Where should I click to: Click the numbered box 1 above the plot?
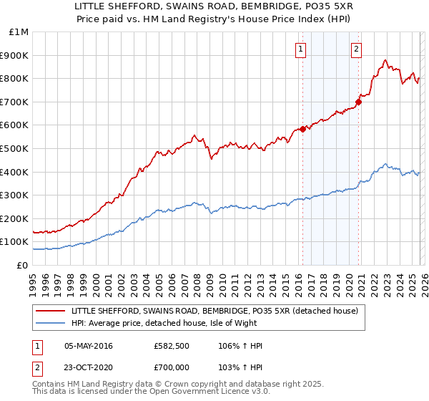pyautogui.click(x=300, y=49)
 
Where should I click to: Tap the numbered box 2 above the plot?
pyautogui.click(x=356, y=49)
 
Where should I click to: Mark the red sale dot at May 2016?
pyautogui.click(x=302, y=129)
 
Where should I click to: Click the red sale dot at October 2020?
pyautogui.click(x=359, y=102)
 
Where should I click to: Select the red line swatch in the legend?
pyautogui.click(x=50, y=310)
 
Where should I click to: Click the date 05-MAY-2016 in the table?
pyautogui.click(x=88, y=346)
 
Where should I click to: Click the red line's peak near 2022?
pyautogui.click(x=385, y=60)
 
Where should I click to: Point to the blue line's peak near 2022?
pyautogui.click(x=385, y=164)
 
